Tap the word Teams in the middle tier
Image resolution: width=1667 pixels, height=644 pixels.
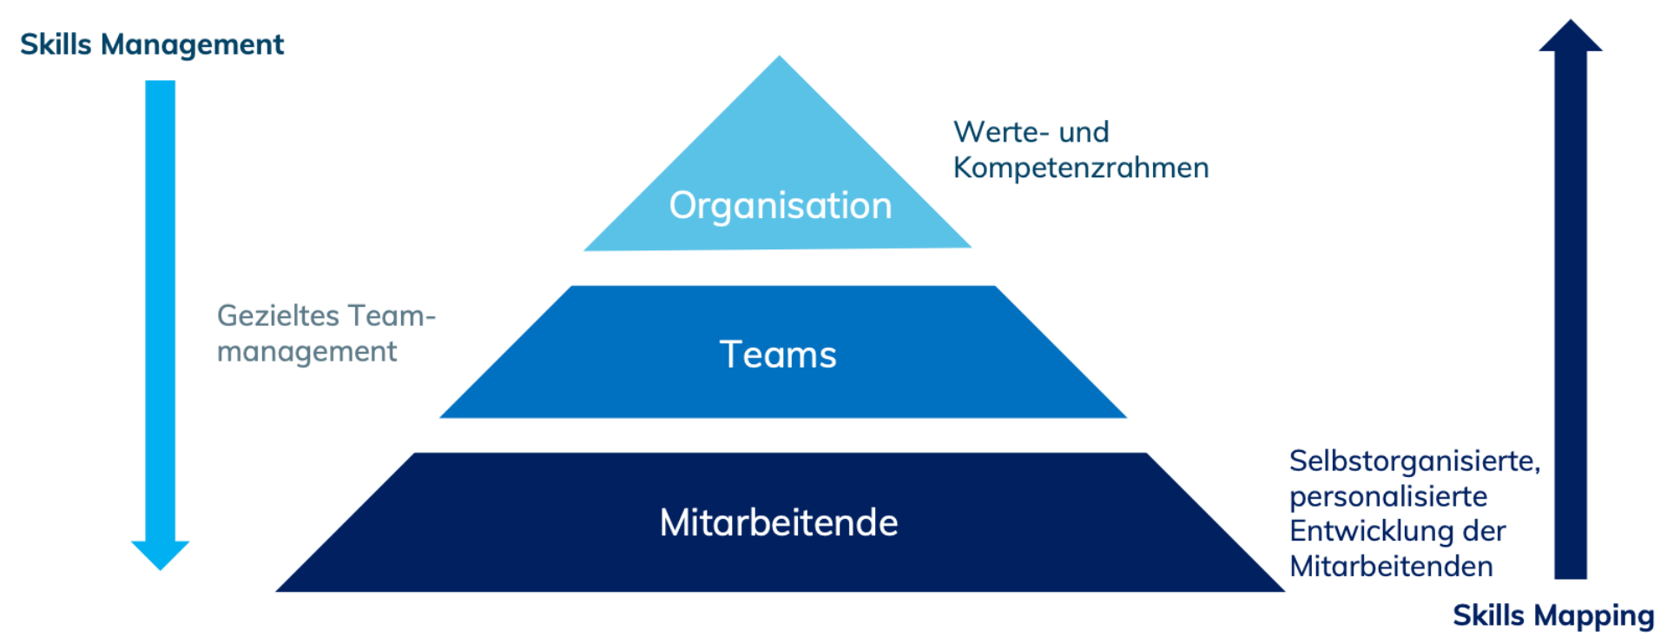(778, 355)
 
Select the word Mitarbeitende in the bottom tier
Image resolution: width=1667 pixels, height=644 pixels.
(779, 523)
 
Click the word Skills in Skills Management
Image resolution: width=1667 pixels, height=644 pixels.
(56, 44)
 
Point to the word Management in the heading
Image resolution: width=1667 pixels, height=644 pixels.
(192, 44)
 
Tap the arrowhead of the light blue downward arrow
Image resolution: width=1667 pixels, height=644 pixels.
(160, 554)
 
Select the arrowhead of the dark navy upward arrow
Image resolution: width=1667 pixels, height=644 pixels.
(1570, 37)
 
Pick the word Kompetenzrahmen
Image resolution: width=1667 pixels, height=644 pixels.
(1080, 168)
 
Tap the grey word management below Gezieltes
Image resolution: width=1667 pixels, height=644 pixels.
(306, 352)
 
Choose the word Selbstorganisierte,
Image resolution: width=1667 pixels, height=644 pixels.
(1414, 461)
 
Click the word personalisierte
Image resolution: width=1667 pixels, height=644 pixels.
(1387, 496)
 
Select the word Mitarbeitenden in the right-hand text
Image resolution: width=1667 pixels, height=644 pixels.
(1391, 567)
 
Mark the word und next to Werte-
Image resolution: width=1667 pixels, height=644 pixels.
(1084, 132)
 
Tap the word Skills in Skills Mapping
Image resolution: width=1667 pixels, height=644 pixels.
(1488, 615)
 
